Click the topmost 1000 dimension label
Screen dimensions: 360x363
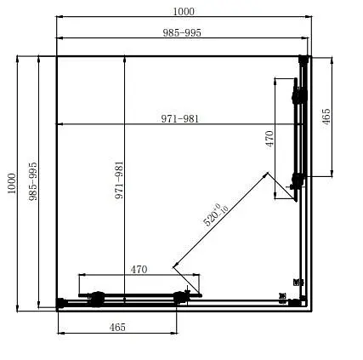pyautogui.click(x=182, y=11)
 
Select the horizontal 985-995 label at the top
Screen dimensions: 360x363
pyautogui.click(x=182, y=32)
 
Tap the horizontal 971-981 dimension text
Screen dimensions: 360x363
pyautogui.click(x=180, y=119)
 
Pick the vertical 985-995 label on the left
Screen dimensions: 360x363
pyautogui.click(x=33, y=181)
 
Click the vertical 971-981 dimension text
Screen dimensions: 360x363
pyautogui.click(x=120, y=181)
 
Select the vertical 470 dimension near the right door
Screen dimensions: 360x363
pyautogui.click(x=269, y=139)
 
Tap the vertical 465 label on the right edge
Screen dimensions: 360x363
pyautogui.click(x=326, y=117)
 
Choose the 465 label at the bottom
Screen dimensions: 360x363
pyautogui.click(x=117, y=327)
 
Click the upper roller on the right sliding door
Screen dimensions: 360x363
pyautogui.click(x=297, y=97)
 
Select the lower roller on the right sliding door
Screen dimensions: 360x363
pyautogui.click(x=297, y=180)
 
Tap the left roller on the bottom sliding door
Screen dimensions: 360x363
pyautogui.click(x=97, y=298)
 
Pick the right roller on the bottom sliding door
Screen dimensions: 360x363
pyautogui.click(x=179, y=297)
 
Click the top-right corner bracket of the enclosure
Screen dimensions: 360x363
pyautogui.click(x=303, y=60)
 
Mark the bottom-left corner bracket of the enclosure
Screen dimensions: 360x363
pyautogui.click(x=60, y=302)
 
